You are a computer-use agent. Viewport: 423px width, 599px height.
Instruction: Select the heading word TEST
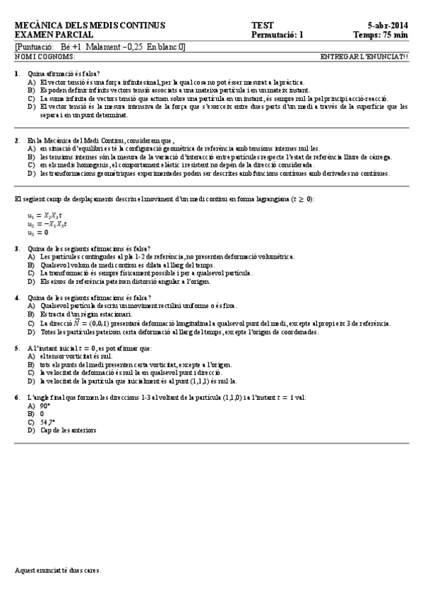[261, 25]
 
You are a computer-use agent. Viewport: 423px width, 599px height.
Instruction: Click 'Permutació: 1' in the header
[277, 34]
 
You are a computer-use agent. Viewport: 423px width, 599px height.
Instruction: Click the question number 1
[16, 74]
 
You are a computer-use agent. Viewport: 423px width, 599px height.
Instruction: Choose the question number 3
[16, 249]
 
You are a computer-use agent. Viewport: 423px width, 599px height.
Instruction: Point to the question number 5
[16, 348]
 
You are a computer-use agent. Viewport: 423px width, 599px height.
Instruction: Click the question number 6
[16, 398]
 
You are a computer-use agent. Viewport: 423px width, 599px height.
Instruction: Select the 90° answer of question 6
[44, 406]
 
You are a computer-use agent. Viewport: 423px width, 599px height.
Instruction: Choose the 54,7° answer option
[47, 422]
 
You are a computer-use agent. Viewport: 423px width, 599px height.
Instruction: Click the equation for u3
[37, 232]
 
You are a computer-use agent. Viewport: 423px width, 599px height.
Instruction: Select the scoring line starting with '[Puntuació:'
[100, 47]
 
